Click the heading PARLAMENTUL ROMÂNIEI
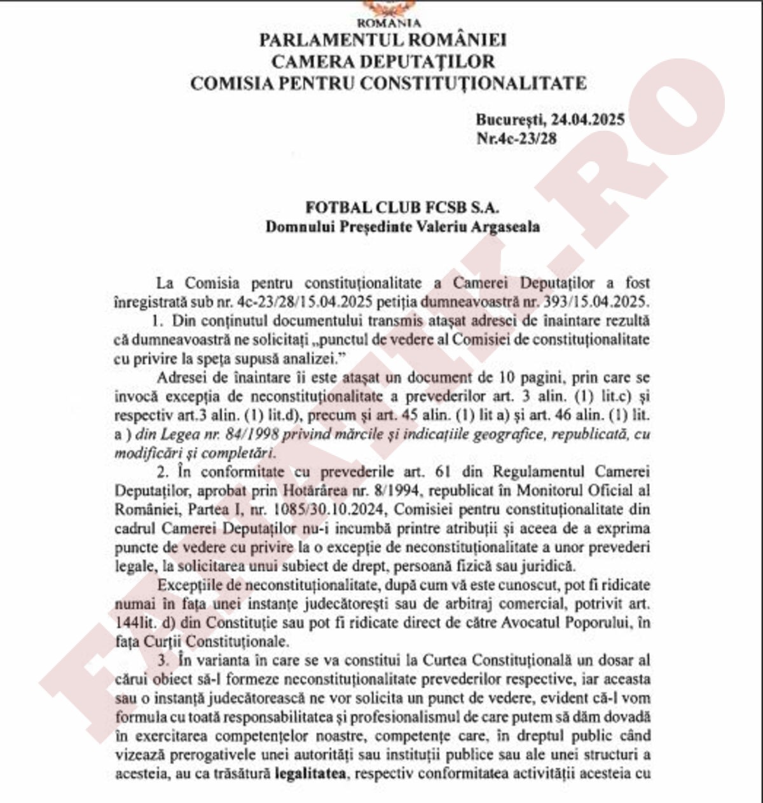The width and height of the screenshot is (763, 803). coord(383,40)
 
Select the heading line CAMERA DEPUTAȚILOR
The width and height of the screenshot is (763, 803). coord(383,62)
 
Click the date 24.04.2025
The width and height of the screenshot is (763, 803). coord(588,119)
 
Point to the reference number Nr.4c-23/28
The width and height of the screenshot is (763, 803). coord(516,138)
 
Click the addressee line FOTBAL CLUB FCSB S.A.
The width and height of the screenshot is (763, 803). coord(402,208)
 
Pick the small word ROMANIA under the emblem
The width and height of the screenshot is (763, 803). coord(384,23)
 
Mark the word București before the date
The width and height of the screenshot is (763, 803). coord(509,119)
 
